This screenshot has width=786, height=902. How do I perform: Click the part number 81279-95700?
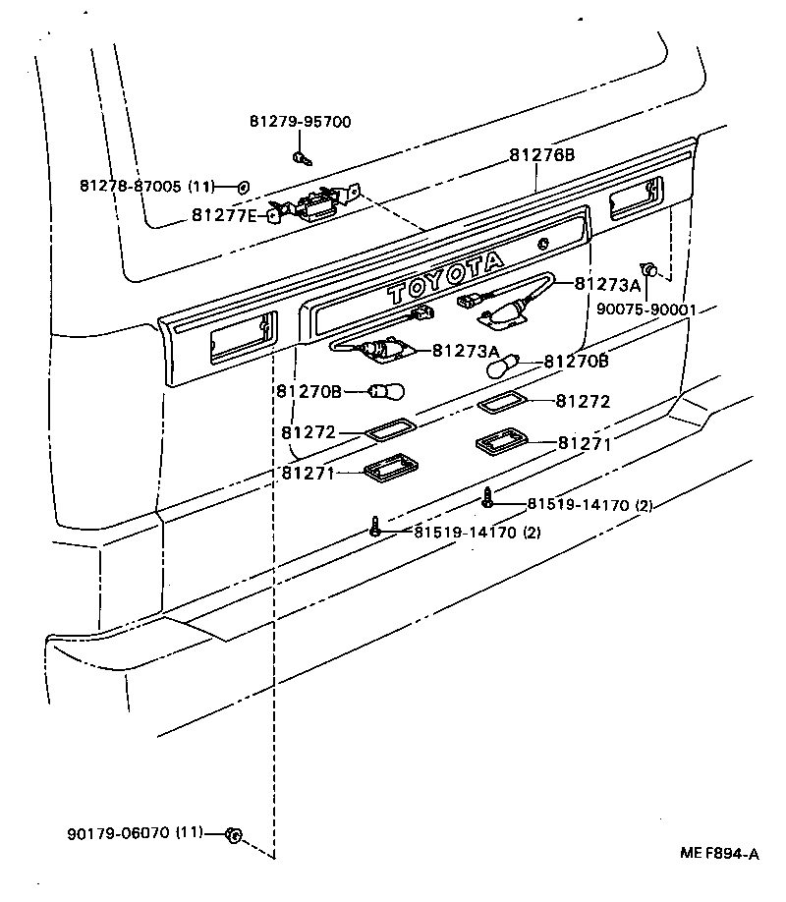[300, 122]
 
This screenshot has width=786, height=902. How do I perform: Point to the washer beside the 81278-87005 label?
[243, 185]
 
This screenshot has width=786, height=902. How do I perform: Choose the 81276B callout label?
[541, 155]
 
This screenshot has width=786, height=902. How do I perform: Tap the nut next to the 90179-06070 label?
[233, 835]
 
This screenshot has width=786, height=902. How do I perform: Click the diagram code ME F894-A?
[719, 855]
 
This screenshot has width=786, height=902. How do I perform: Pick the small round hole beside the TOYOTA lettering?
[542, 245]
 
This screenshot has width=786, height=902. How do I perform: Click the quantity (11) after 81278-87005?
[201, 185]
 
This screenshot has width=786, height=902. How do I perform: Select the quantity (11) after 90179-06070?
[189, 833]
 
